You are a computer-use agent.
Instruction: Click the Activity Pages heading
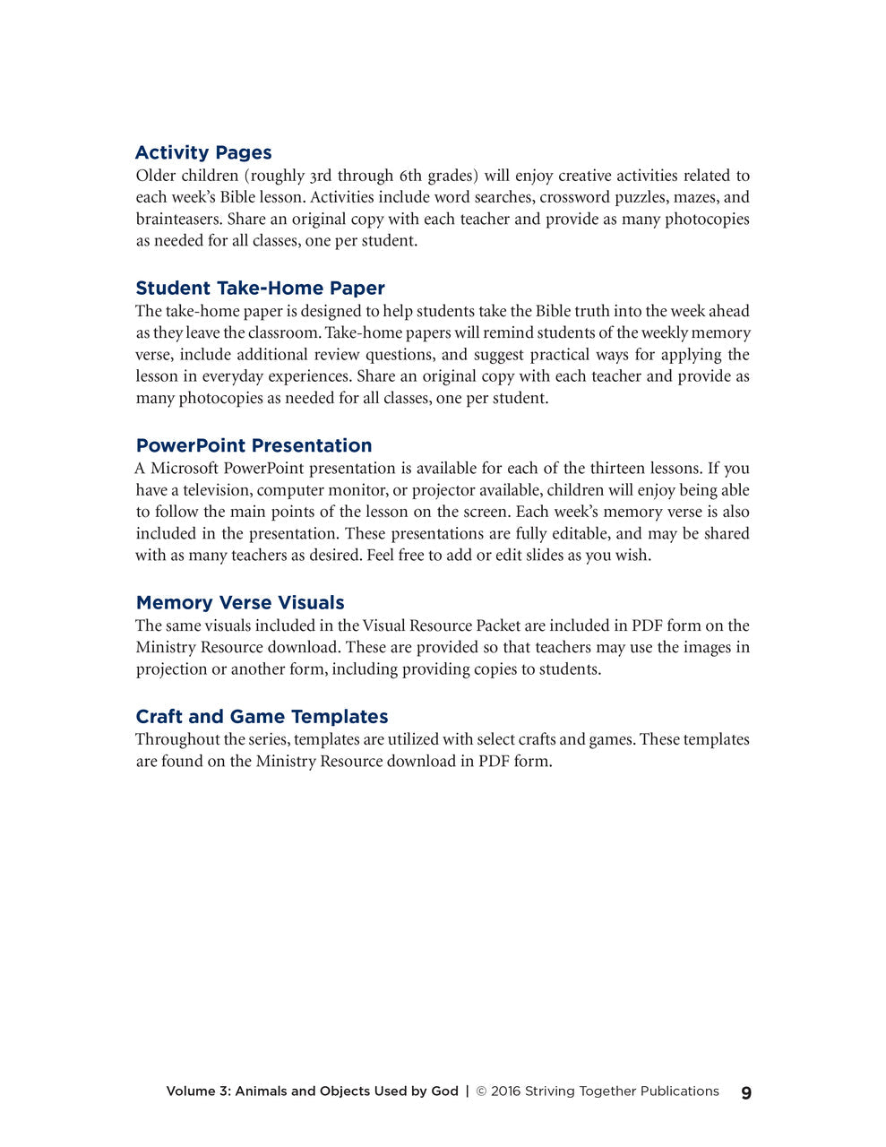click(x=203, y=152)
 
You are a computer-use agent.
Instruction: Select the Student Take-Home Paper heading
click(x=260, y=288)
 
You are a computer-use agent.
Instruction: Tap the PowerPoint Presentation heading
click(x=254, y=445)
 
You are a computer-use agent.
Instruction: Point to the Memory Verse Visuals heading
click(x=240, y=602)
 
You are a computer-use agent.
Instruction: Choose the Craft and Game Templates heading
click(x=262, y=716)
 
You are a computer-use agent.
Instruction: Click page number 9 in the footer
click(x=746, y=1092)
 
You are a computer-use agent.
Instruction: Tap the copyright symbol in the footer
click(x=481, y=1091)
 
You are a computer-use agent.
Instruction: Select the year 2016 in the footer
click(x=505, y=1091)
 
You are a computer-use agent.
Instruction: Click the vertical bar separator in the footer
click(x=467, y=1091)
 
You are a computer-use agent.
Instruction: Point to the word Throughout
click(x=177, y=739)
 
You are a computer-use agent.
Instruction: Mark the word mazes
click(x=695, y=197)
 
